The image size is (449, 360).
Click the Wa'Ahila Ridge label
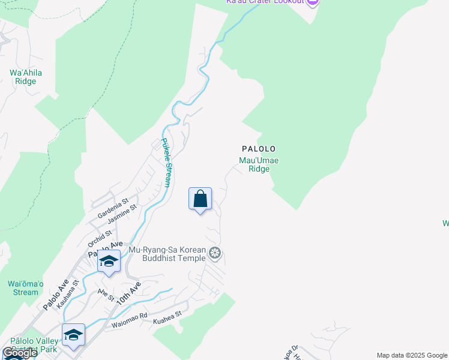pos(26,77)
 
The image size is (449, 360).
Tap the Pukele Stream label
pos(167,166)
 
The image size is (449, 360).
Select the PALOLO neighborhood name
pos(259,148)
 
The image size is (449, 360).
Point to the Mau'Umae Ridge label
pos(259,164)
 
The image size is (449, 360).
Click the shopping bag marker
pos(200,199)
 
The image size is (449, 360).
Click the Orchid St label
pos(100,238)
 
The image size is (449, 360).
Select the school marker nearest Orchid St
pos(109,262)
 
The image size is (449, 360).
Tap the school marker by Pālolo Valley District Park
pos(73,335)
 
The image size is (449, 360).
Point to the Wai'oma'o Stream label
pos(26,288)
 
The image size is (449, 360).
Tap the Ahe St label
pos(106,295)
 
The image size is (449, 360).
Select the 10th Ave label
pos(128,292)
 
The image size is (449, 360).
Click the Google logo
pos(20,353)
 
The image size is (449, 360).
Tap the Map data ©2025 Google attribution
pos(411,355)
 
